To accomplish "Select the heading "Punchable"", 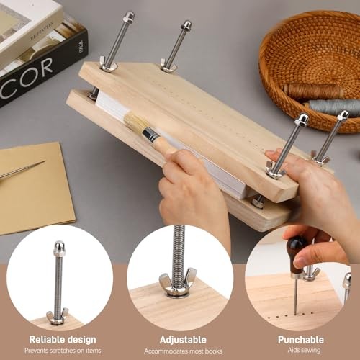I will click(300, 339).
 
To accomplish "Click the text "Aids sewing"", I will click(300, 351).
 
